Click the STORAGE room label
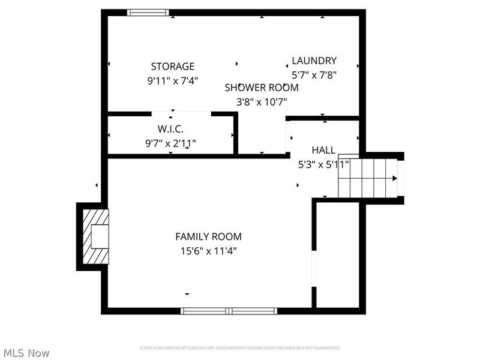172,67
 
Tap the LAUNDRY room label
314,61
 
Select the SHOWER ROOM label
262,88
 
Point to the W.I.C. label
170,129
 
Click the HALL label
323,150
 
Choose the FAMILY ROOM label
208,237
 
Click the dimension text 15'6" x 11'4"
208,251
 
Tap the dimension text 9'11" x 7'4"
172,80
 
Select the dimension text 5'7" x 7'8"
314,75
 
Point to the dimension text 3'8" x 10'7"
262,102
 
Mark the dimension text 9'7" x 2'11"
170,143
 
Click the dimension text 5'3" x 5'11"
323,164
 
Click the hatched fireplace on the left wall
95,236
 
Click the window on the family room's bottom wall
229,311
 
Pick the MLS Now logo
26,353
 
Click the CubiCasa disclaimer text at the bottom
240,348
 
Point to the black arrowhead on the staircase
394,178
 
